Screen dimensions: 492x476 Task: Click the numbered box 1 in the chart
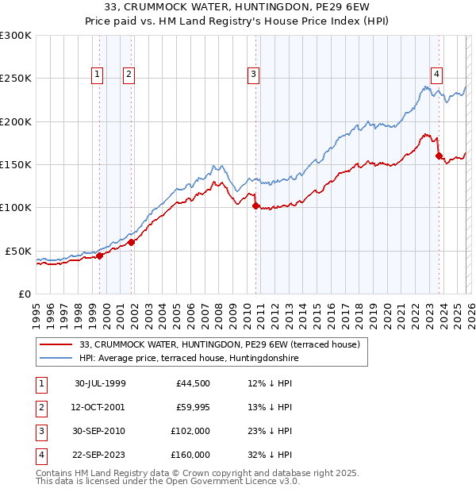pos(98,75)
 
